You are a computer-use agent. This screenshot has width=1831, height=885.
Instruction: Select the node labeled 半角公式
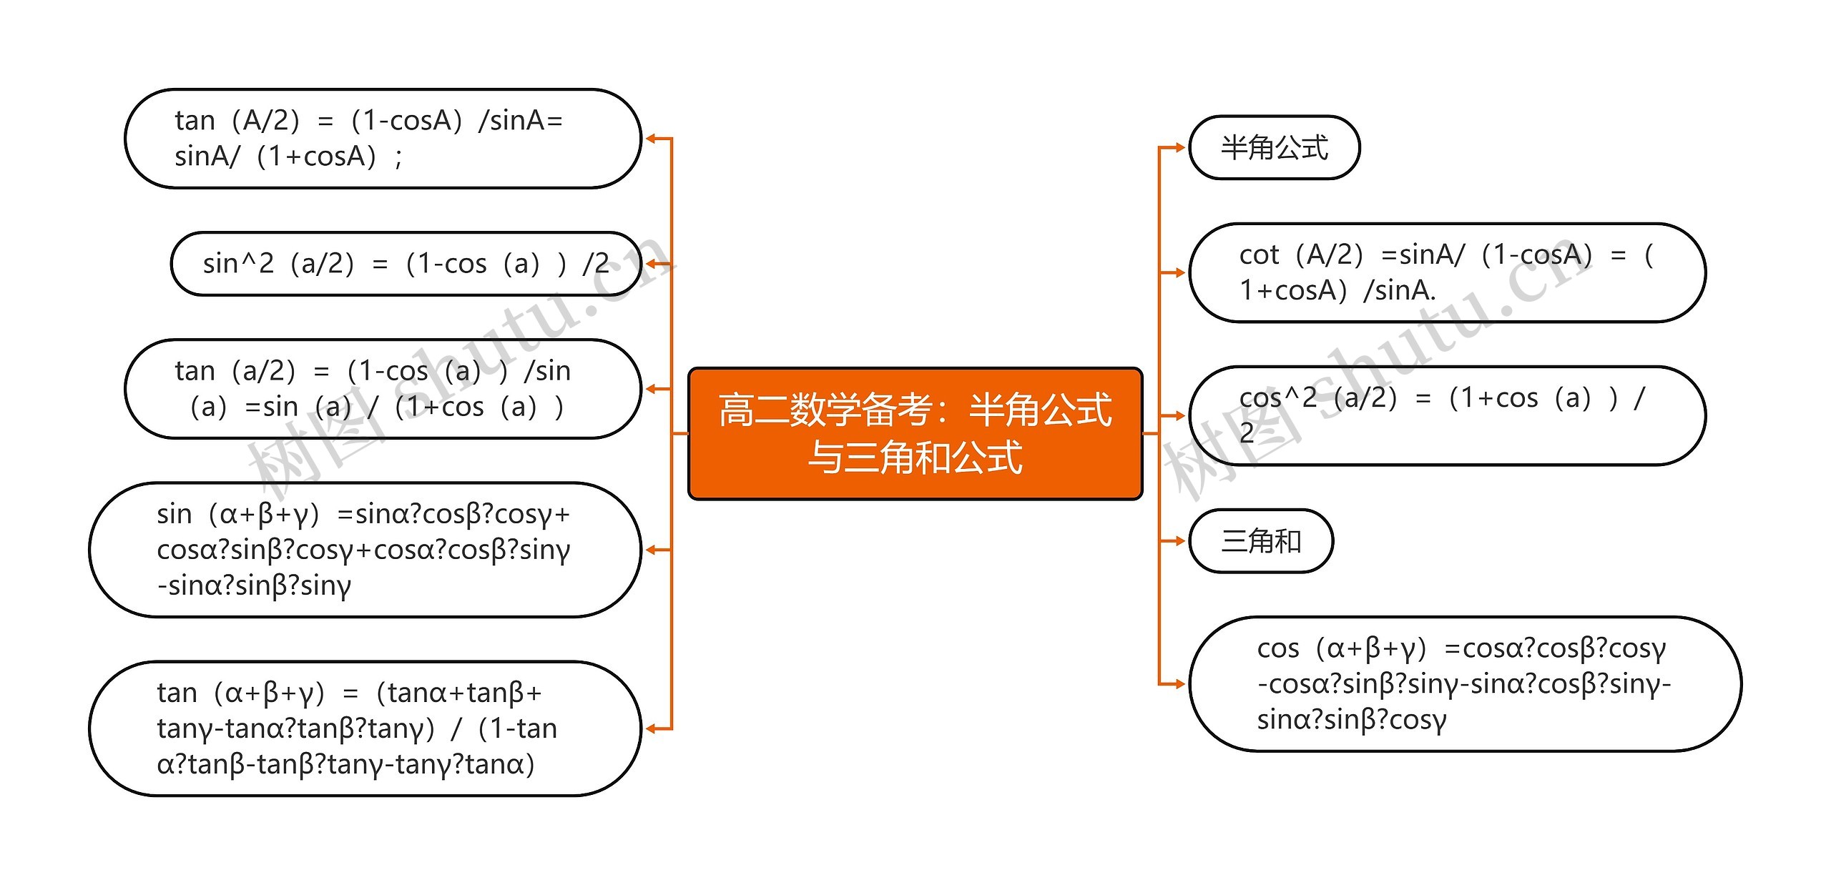(1274, 147)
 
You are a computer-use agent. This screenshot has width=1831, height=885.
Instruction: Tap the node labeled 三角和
(1261, 540)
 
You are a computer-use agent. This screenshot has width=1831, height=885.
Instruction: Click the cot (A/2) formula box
(1446, 272)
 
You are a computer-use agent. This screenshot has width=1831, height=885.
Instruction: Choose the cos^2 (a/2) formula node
(1446, 415)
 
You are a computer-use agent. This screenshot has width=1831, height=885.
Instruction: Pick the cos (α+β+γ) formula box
(1464, 683)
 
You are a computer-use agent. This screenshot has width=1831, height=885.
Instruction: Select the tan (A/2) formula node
(383, 139)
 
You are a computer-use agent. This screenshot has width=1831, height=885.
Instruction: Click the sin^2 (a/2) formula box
(406, 264)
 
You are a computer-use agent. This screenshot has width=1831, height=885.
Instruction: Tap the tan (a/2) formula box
(383, 389)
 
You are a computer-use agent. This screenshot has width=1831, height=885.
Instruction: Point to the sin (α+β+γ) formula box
(365, 550)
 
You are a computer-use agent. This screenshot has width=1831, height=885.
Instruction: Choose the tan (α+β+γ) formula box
(365, 728)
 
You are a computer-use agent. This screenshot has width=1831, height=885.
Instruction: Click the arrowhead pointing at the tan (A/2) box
(650, 139)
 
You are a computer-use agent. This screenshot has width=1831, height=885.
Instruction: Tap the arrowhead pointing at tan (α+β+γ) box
(650, 728)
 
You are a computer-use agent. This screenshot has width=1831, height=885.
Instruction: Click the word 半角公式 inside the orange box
(1040, 410)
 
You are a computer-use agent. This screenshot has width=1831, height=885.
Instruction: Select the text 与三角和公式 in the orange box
(915, 458)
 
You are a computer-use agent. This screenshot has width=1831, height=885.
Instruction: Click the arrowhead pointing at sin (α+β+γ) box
(650, 550)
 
